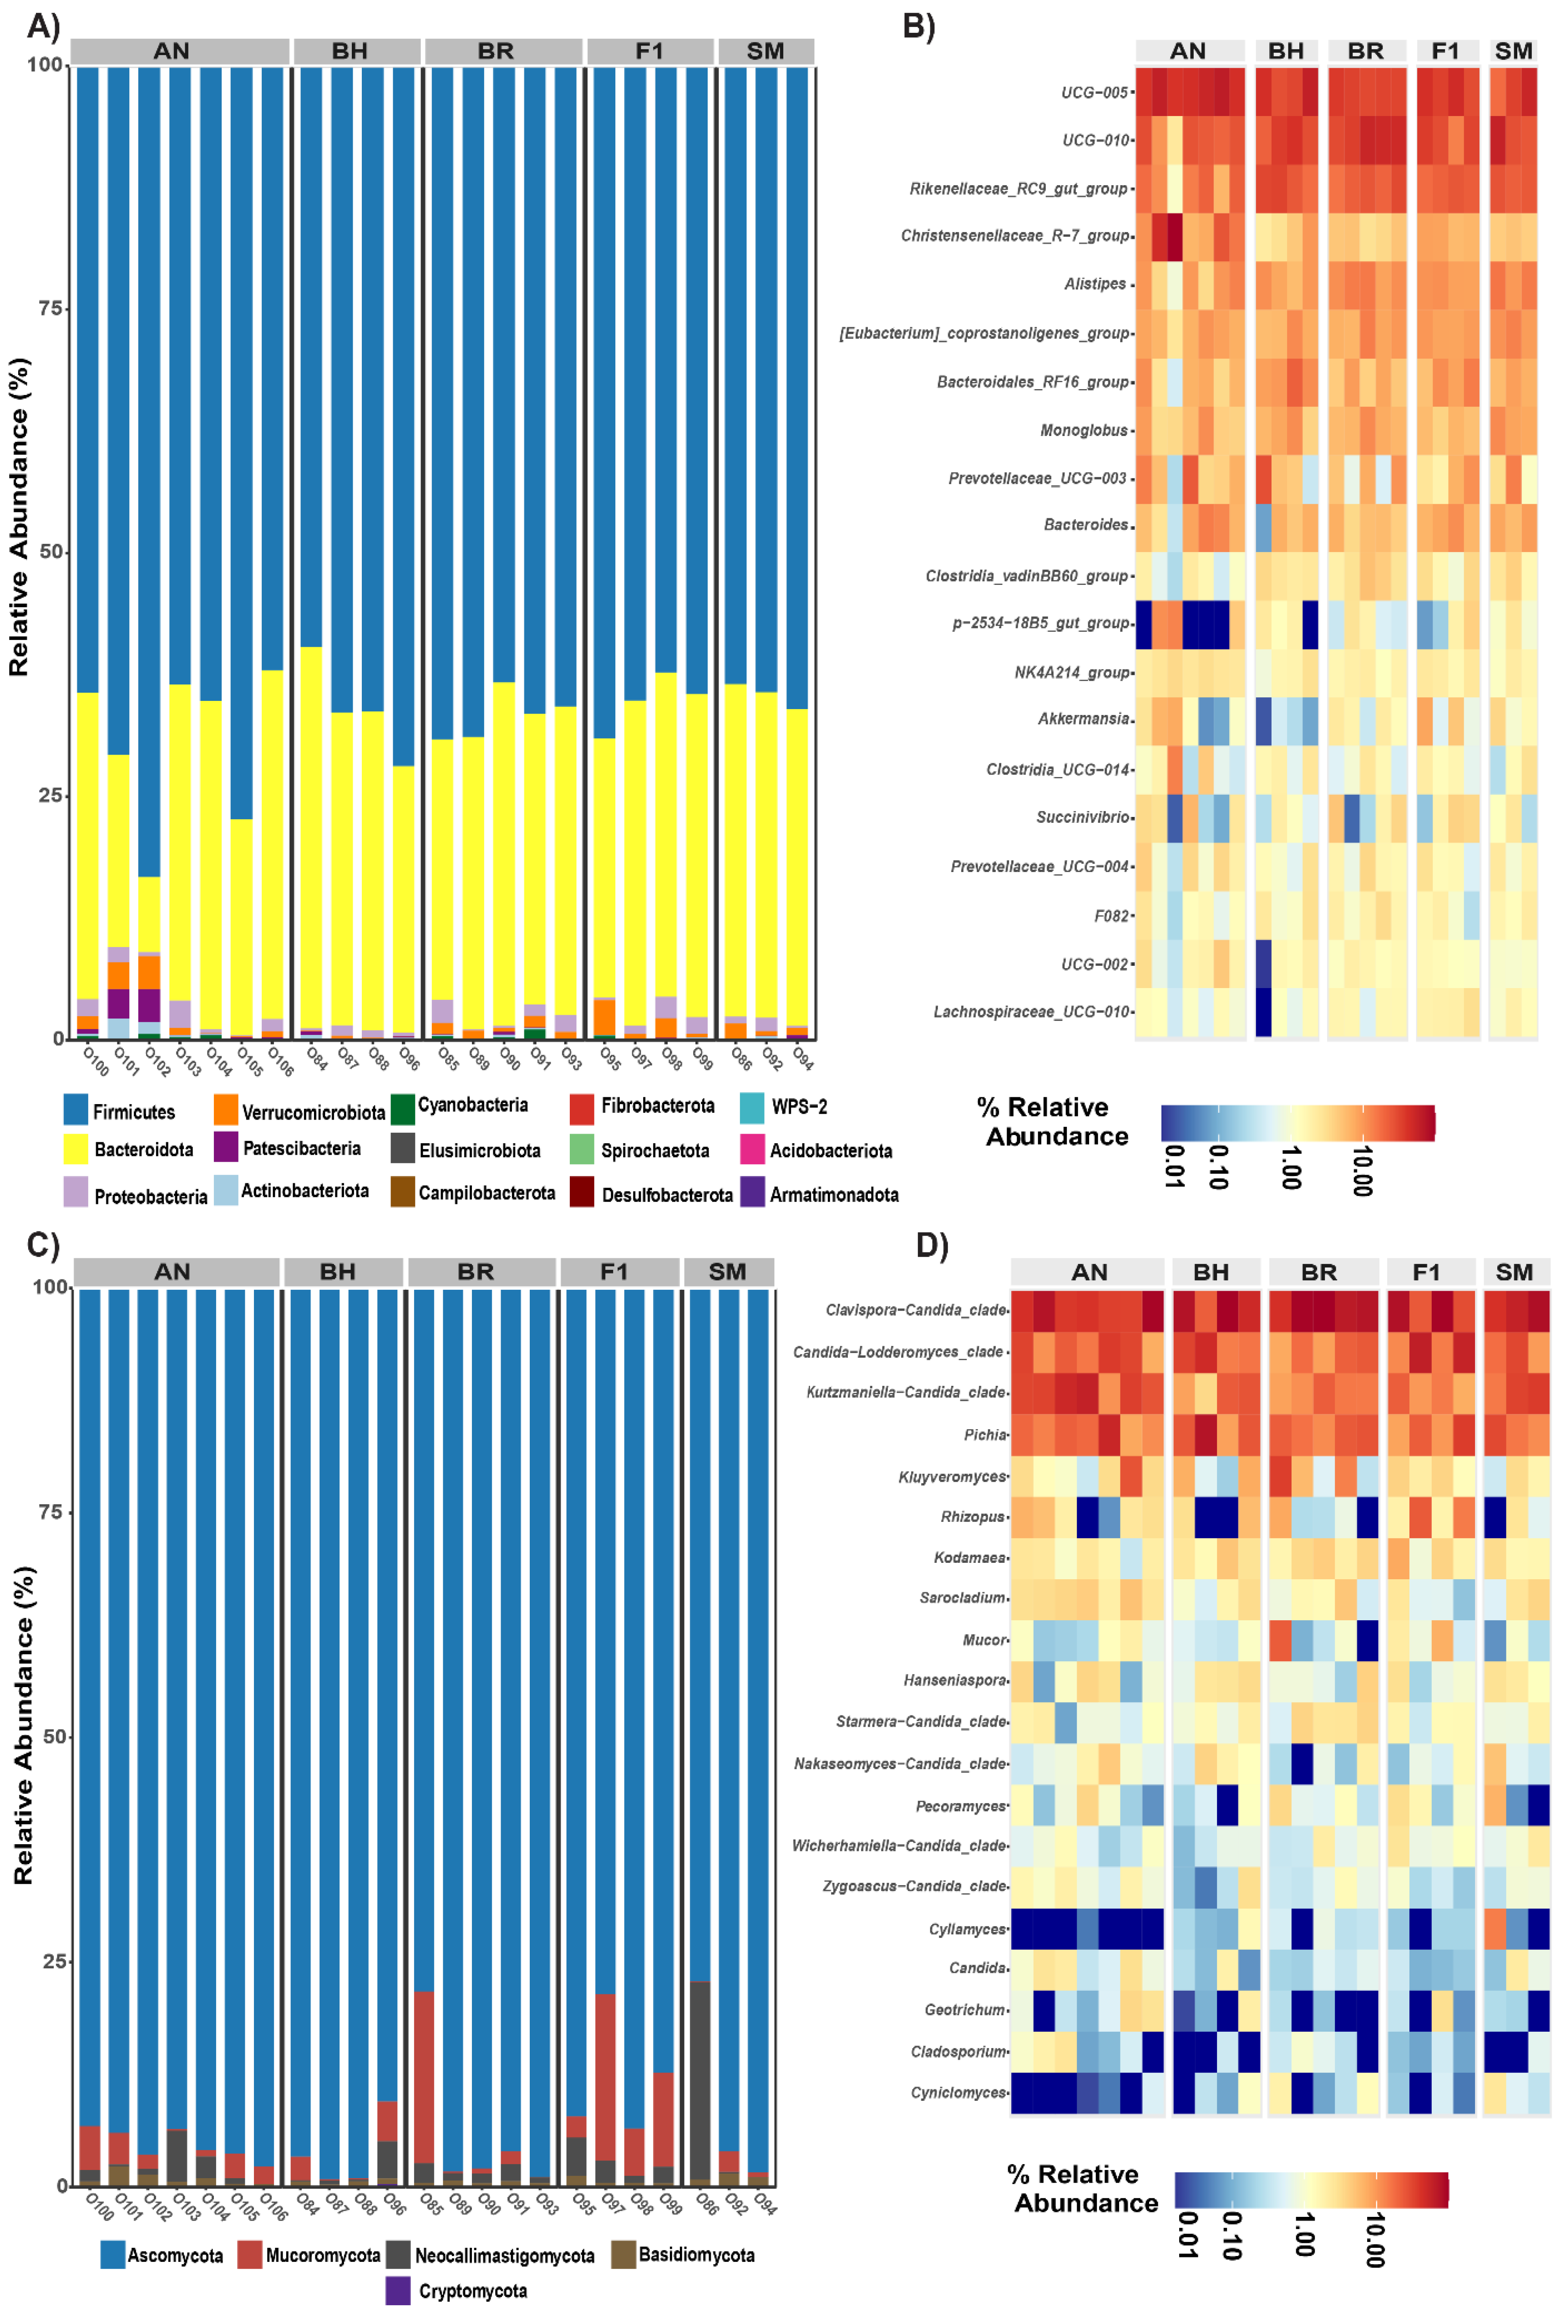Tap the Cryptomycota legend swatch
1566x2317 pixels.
398,2290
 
